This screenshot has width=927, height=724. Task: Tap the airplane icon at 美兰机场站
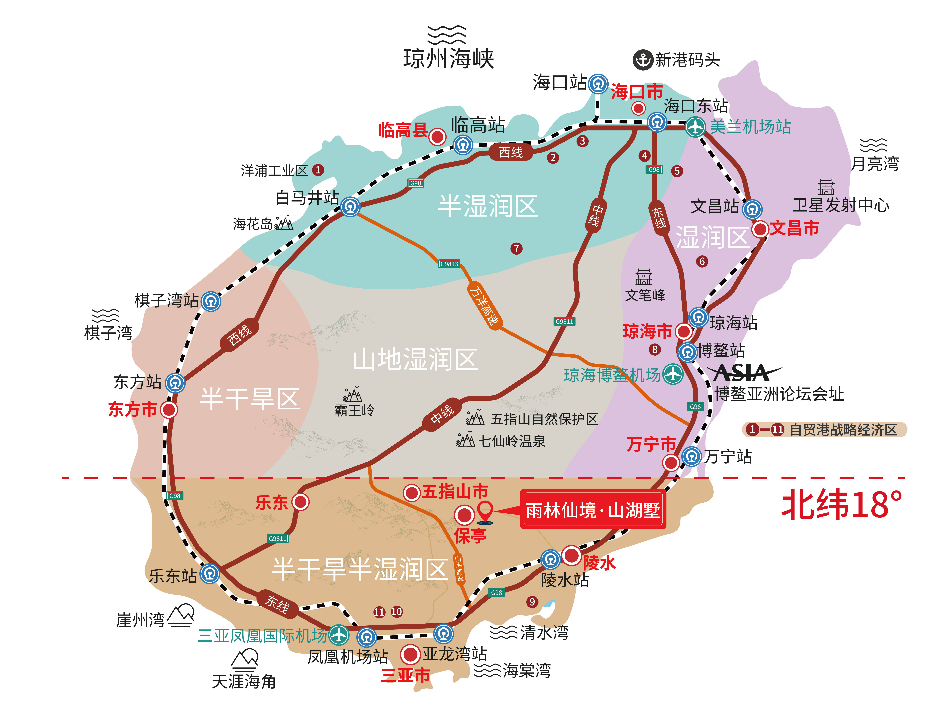(x=695, y=126)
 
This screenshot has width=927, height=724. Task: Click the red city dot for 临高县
(x=437, y=137)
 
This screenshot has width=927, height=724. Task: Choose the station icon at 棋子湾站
(x=211, y=301)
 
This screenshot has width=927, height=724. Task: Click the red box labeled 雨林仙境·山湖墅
(x=593, y=510)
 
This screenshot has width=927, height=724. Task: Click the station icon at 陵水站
(x=551, y=559)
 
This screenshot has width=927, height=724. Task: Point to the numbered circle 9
(x=532, y=601)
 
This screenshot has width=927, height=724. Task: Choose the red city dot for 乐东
(x=301, y=502)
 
